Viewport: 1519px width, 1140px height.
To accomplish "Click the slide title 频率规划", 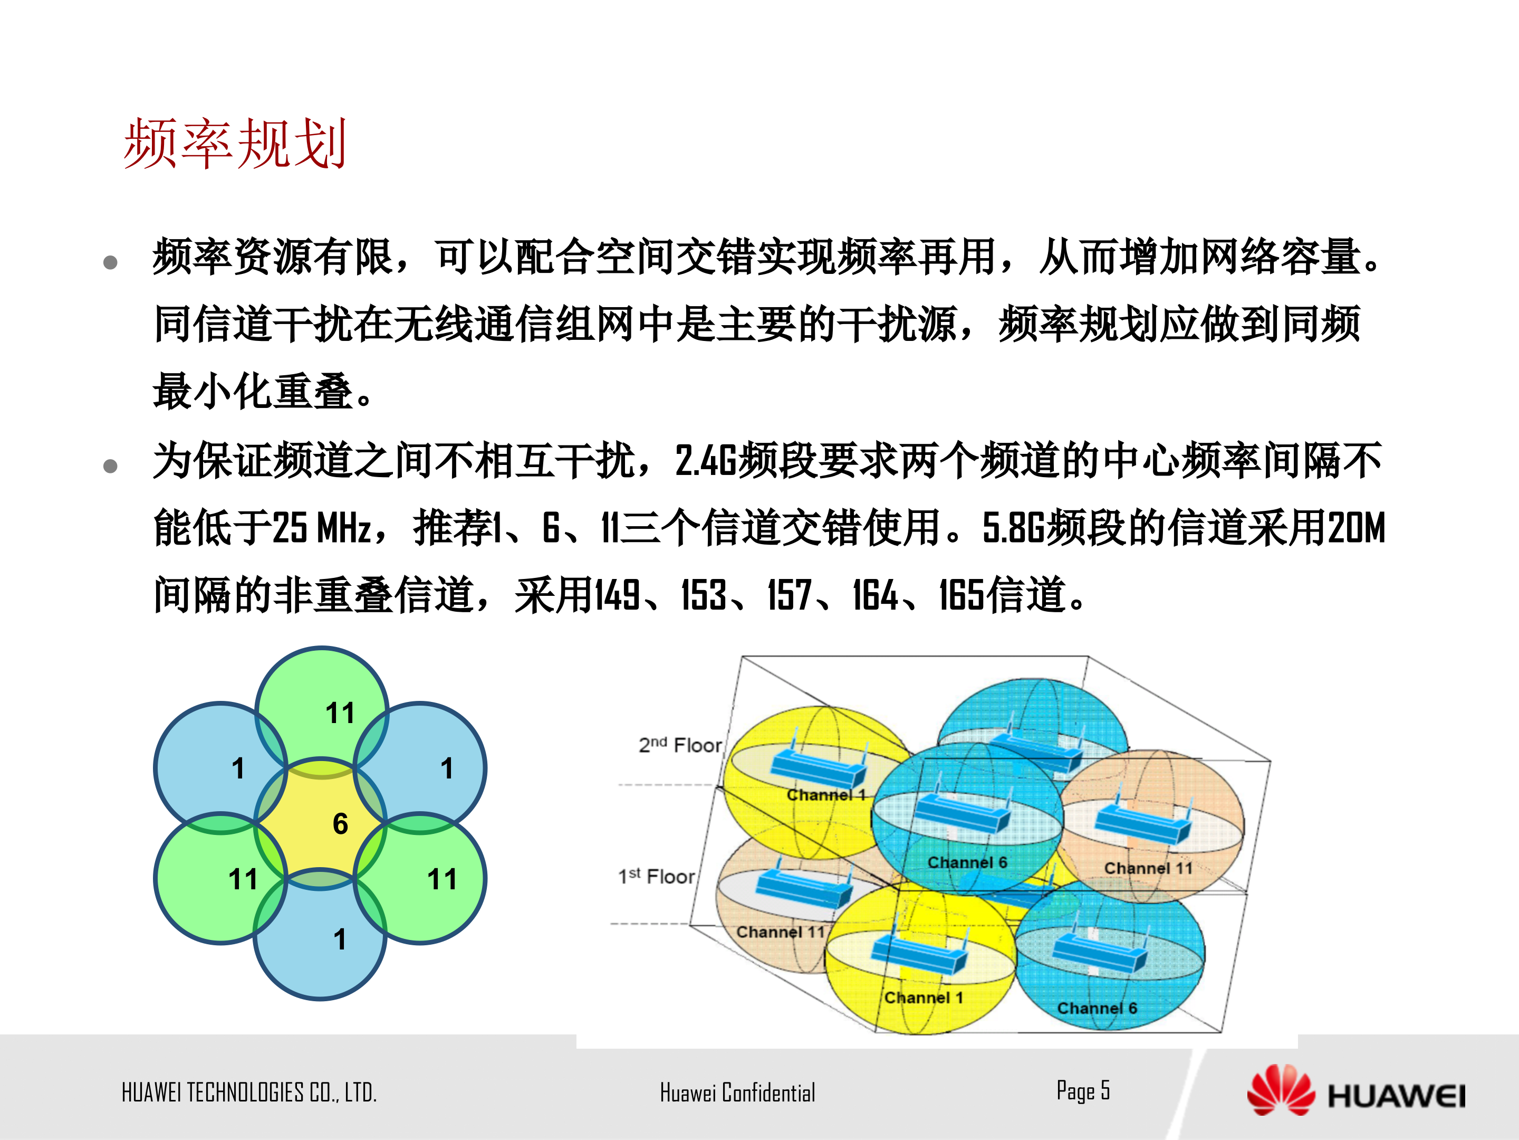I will tap(234, 144).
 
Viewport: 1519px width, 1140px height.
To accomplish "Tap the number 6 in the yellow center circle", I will tap(340, 823).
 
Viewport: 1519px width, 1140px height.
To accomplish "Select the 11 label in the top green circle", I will tap(340, 712).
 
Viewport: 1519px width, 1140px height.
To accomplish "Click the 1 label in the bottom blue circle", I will tap(339, 939).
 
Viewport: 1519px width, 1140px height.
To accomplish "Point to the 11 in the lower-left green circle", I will tap(243, 879).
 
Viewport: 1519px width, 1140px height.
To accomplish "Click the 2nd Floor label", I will tap(680, 745).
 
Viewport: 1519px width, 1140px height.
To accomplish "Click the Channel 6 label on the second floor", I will tap(967, 862).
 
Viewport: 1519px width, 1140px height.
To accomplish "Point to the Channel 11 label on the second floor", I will tap(1148, 868).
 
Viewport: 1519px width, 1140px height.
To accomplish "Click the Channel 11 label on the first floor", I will tap(780, 932).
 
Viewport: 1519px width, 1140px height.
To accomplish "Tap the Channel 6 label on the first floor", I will tap(1097, 1008).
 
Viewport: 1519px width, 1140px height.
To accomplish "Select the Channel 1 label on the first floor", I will tap(923, 997).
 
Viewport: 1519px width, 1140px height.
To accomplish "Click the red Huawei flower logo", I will tap(1280, 1090).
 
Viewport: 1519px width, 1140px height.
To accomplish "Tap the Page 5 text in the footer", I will tap(1082, 1090).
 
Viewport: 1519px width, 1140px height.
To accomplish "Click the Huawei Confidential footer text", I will tap(737, 1092).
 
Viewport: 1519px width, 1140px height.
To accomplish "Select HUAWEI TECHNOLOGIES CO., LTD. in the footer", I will tap(248, 1092).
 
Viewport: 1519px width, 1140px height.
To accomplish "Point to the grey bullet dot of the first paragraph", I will tap(110, 262).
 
